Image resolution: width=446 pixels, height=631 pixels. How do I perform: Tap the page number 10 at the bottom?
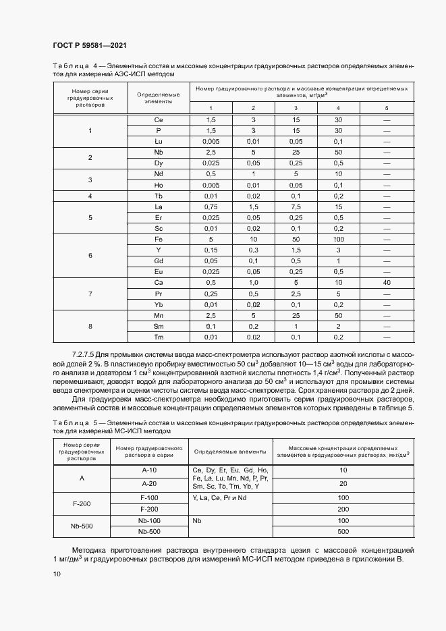(x=56, y=574)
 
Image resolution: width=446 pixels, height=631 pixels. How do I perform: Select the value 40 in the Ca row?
(x=387, y=282)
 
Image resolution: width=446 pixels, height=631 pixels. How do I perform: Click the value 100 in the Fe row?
(x=338, y=240)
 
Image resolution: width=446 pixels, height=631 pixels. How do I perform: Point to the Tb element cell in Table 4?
(x=159, y=196)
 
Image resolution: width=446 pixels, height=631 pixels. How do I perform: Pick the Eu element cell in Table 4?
(x=159, y=271)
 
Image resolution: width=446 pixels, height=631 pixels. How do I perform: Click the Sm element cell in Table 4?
(x=159, y=326)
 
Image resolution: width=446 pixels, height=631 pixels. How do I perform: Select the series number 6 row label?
(x=90, y=256)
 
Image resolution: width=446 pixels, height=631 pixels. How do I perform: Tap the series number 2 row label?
(x=90, y=157)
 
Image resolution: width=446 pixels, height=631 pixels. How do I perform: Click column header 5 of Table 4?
(x=387, y=108)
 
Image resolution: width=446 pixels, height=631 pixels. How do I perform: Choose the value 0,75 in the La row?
(x=211, y=207)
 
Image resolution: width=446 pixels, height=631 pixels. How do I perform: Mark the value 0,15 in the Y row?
(x=211, y=250)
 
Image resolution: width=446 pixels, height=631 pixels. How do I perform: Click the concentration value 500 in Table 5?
(x=343, y=532)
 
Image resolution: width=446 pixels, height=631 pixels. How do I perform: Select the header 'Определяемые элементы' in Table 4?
(x=159, y=98)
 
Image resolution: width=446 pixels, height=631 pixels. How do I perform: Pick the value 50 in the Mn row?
(x=338, y=315)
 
